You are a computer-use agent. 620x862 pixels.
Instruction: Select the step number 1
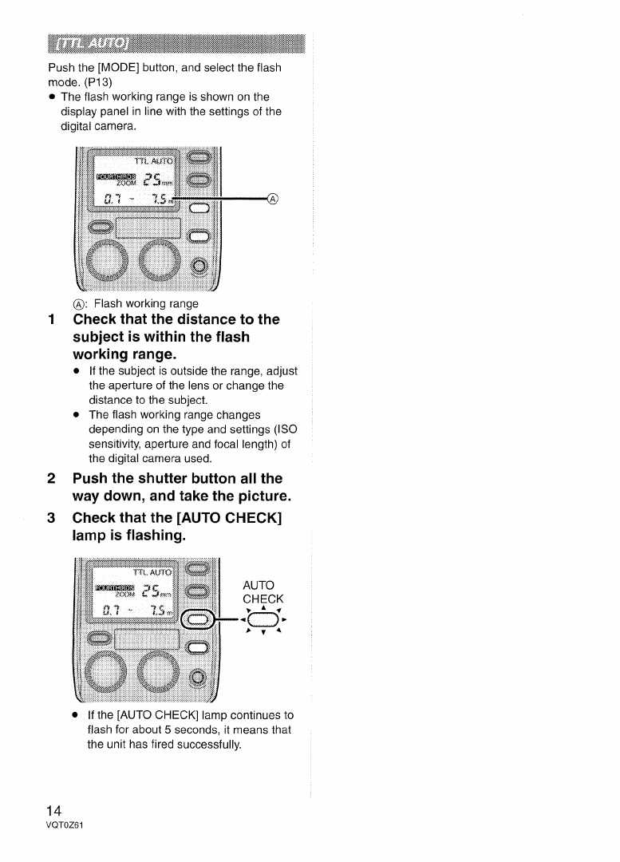(x=51, y=320)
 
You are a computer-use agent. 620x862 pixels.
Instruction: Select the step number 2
(x=51, y=479)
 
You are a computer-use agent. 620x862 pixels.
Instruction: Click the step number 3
(x=51, y=520)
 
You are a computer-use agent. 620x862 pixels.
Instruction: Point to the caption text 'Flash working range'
(x=145, y=303)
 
